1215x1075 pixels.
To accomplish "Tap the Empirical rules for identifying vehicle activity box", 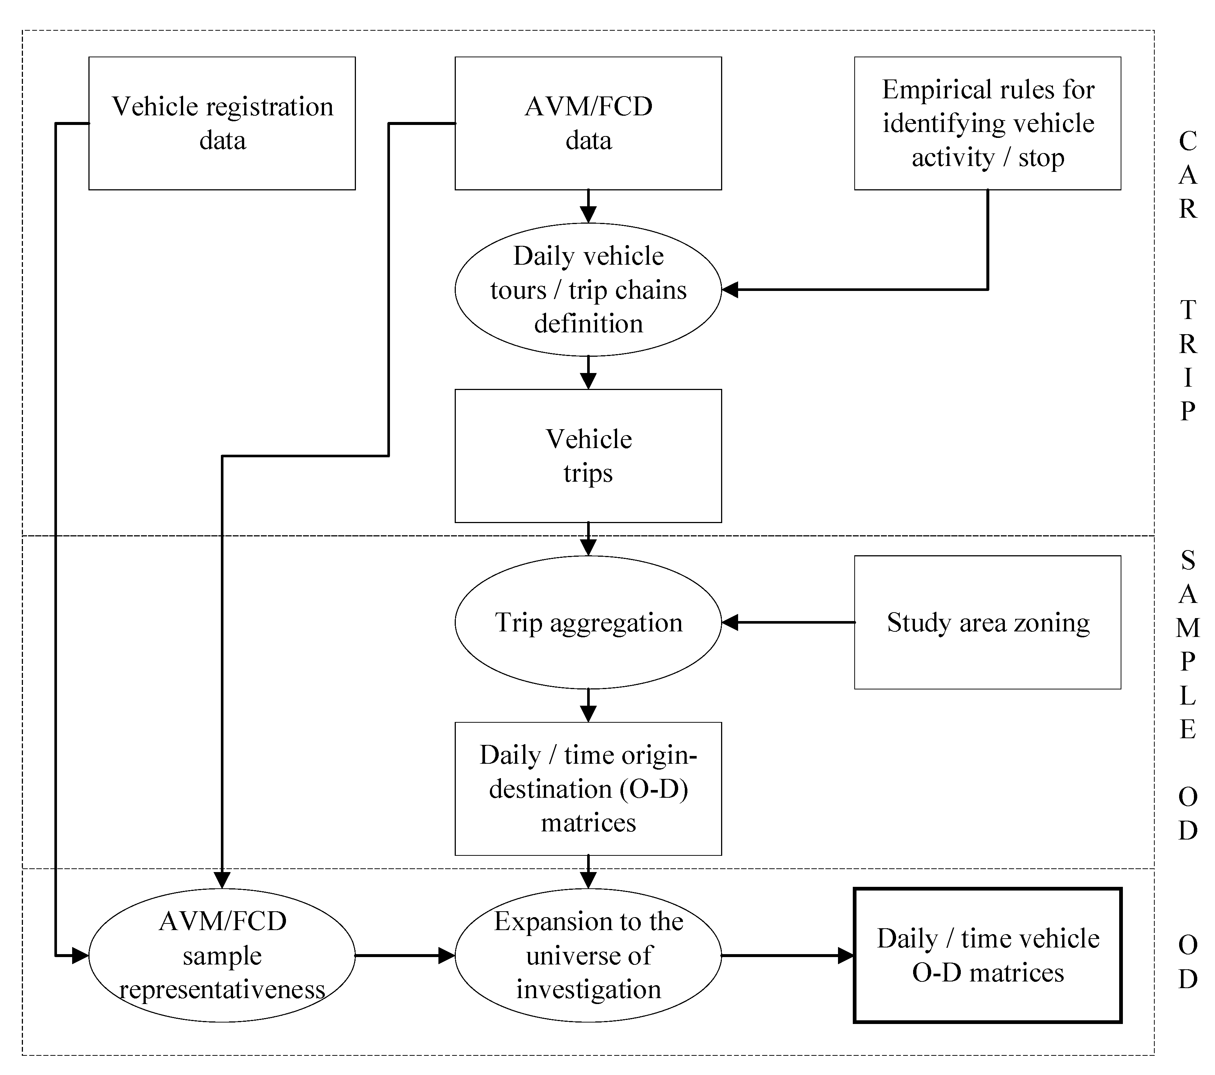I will pos(987,123).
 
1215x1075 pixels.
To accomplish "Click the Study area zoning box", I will pos(987,623).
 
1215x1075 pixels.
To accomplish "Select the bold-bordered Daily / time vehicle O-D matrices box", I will pos(987,955).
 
